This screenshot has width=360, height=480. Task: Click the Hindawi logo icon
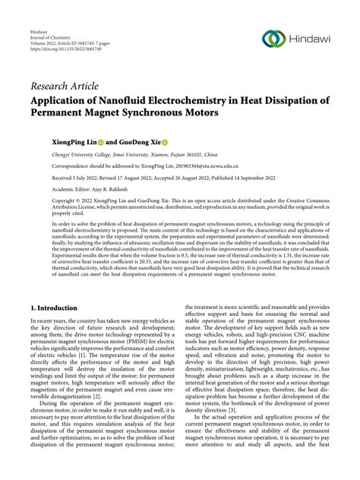tap(274, 39)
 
